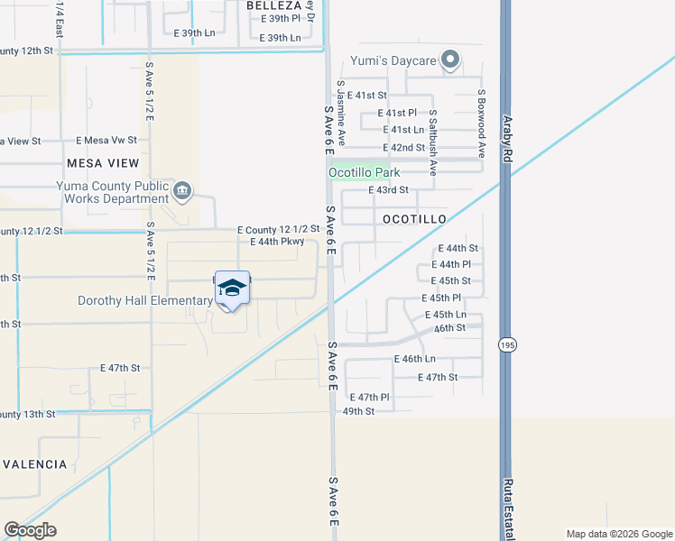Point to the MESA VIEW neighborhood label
pos(103,163)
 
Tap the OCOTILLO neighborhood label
pos(414,219)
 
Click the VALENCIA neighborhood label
pos(34,464)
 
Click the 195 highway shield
pos(506,344)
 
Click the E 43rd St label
pos(389,190)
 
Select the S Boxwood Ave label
pos(482,124)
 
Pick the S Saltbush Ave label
pos(433,142)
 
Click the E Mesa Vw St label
pos(106,141)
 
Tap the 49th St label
pos(358,411)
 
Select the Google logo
pos(31,530)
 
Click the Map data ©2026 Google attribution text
pos(618,534)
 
